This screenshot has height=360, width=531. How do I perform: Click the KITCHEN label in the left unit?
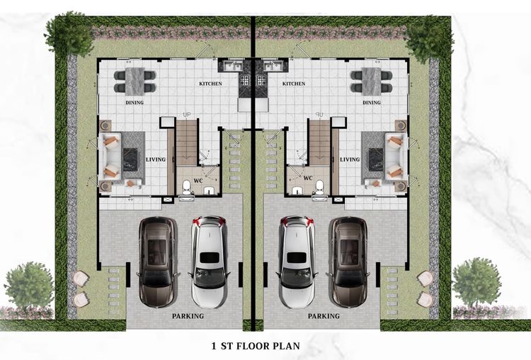[210, 84]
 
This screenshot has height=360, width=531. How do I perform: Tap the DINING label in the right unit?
[372, 102]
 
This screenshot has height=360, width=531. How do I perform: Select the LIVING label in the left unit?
[156, 159]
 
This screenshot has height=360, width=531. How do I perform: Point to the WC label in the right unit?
[308, 178]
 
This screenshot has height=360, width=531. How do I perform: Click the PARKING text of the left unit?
[188, 316]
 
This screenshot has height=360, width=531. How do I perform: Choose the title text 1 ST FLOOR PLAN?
[256, 346]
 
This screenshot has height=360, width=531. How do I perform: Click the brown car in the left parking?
[158, 261]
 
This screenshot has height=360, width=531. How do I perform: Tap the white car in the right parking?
[297, 261]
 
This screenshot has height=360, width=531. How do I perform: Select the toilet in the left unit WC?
[187, 188]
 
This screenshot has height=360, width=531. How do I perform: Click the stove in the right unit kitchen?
[261, 80]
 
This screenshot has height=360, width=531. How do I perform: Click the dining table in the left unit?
[135, 81]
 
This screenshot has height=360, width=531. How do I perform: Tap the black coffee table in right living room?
[375, 159]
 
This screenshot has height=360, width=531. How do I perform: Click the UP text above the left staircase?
[187, 115]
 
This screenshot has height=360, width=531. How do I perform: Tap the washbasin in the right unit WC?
[297, 191]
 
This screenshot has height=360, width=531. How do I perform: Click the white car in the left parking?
[209, 261]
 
